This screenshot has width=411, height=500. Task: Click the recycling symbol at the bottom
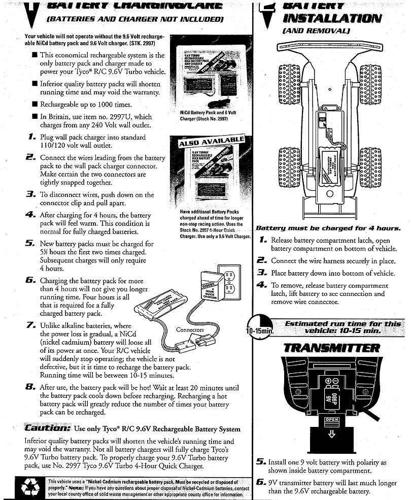(x=27, y=487)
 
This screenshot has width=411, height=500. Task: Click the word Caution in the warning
(x=47, y=428)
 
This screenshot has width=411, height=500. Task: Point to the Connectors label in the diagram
(x=190, y=330)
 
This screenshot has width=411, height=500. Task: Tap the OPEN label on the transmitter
(x=331, y=420)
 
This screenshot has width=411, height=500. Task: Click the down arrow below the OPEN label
(x=331, y=433)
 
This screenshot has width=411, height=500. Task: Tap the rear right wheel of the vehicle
(x=370, y=167)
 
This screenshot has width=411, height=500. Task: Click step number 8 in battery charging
(x=30, y=387)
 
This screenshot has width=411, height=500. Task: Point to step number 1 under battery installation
(x=263, y=239)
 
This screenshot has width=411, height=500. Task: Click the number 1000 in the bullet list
(x=109, y=105)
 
